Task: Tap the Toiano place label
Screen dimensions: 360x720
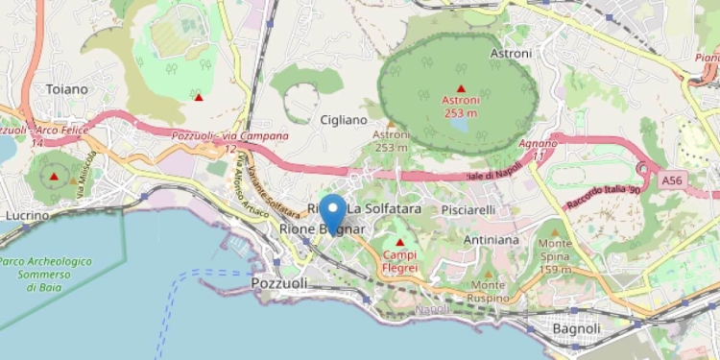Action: point(66,89)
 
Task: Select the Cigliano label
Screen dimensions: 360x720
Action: point(344,120)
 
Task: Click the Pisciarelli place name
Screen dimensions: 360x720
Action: point(468,209)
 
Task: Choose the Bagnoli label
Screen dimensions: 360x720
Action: point(576,328)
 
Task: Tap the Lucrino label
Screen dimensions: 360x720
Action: point(27,216)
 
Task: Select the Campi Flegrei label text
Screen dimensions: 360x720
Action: point(400,261)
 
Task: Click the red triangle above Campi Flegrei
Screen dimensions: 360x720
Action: point(400,242)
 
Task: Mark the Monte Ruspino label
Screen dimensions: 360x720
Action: point(489,292)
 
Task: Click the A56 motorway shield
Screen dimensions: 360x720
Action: point(674,179)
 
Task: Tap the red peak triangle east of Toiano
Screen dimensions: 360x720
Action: point(199,97)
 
